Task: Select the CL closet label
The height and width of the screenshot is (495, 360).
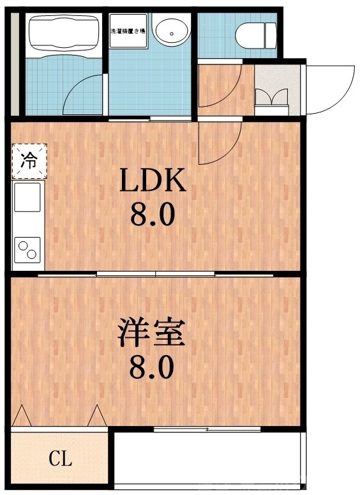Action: coord(61,458)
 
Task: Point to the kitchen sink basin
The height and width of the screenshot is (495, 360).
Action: coord(27,197)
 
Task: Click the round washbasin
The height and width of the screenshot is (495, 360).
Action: coord(170,31)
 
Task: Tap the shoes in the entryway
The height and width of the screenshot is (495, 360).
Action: coord(271,97)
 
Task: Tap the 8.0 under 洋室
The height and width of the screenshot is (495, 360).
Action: coord(152,368)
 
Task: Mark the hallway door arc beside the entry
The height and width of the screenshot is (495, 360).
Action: coord(220,86)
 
